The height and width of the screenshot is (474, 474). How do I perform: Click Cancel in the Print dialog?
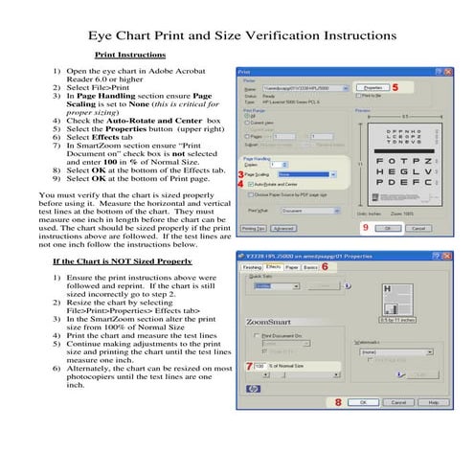tap(418, 229)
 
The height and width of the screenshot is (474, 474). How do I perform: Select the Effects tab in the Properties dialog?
tap(274, 267)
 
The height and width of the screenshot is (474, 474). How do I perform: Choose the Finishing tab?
tap(252, 267)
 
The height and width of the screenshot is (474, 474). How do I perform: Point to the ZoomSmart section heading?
tap(270, 322)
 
